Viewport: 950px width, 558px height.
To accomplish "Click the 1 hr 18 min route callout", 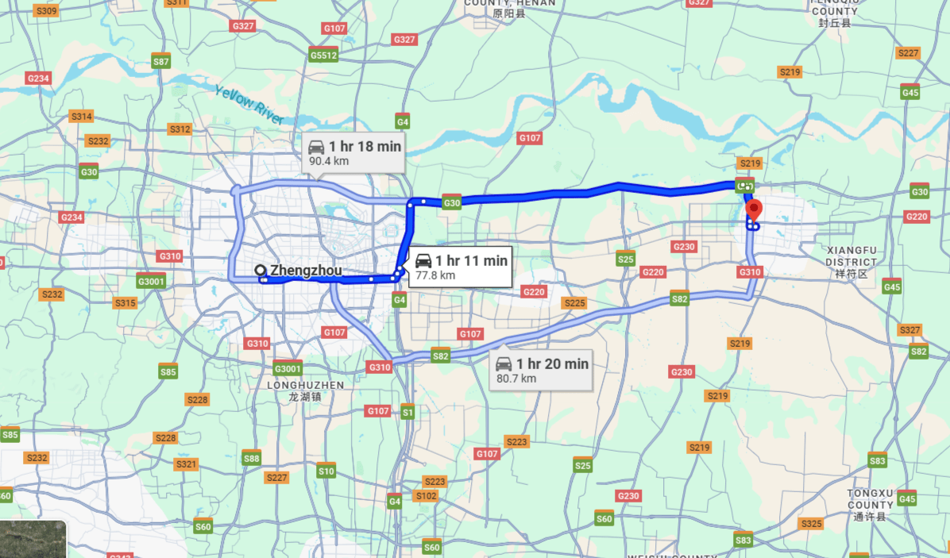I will click(x=355, y=152).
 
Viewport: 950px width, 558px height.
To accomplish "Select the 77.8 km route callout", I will click(x=461, y=267).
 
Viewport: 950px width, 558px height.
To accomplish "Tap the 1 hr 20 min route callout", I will click(x=543, y=370).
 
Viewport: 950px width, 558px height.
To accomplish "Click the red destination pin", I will click(x=754, y=211).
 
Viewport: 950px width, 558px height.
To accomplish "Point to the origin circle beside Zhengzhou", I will click(x=260, y=271).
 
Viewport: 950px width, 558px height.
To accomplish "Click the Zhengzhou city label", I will click(x=306, y=271).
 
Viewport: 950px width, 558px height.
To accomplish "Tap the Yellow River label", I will click(x=249, y=103).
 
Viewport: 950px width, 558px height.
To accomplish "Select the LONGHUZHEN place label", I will click(x=305, y=390).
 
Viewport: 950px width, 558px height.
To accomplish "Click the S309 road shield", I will click(x=47, y=10).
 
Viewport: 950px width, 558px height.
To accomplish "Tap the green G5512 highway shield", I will click(x=324, y=56).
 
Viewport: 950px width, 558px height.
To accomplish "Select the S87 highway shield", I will click(x=161, y=62).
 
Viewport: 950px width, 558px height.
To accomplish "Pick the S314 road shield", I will click(x=82, y=117).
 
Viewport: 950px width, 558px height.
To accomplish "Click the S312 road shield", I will click(x=180, y=129).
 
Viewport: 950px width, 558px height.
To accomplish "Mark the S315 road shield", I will click(x=125, y=302).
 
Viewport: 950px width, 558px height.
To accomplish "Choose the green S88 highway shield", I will click(x=251, y=458).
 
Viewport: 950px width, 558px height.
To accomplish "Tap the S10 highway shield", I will click(x=326, y=471).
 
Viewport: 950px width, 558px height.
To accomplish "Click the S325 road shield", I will click(x=811, y=523).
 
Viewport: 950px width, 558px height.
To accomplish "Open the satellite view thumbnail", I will click(x=33, y=539).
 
